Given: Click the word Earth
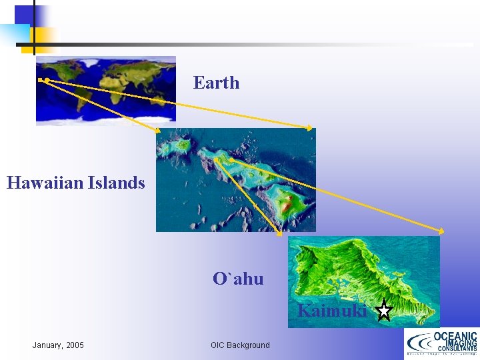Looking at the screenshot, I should (216, 83).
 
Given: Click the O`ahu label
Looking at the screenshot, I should (238, 279).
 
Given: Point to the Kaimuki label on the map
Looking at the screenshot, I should (331, 311).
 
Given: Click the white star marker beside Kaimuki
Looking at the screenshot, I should (383, 311).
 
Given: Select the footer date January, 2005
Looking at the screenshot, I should (58, 345).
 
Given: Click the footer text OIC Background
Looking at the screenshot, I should (240, 345).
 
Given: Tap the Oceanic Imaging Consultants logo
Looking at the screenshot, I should (441, 344).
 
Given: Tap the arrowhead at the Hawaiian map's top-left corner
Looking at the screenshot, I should (158, 131).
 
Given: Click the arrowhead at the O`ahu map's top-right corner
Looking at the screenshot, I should (439, 231).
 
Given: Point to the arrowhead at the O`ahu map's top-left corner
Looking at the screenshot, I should (279, 233).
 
